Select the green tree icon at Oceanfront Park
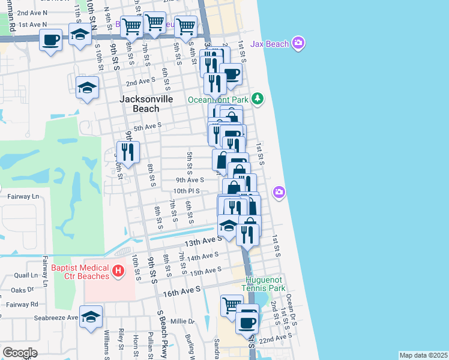tap(258, 98)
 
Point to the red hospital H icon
tap(118, 271)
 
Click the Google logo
tap(20, 353)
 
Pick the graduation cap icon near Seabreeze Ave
tap(91, 317)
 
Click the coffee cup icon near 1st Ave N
tap(50, 40)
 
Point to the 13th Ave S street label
tap(200, 241)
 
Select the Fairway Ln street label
tap(19, 196)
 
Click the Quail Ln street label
tap(26, 275)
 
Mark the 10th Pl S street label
tap(186, 191)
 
